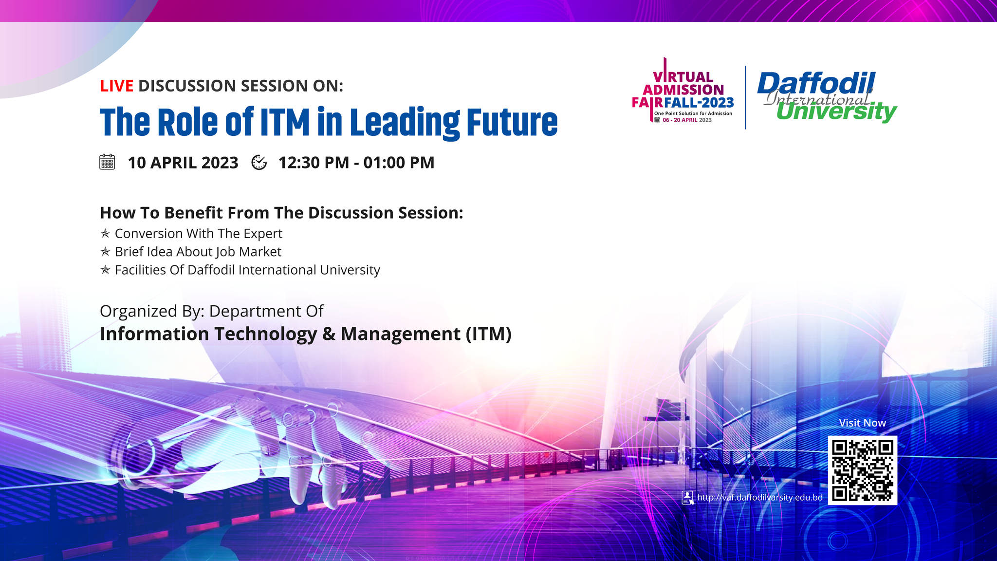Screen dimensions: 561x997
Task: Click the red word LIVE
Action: point(116,86)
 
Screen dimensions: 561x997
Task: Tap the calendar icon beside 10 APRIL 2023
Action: point(107,162)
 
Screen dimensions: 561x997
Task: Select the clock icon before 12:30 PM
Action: point(259,162)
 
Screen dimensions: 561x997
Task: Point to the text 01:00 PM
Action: point(399,162)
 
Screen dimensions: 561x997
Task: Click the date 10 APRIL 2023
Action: point(183,162)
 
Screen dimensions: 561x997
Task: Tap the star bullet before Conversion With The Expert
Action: point(105,233)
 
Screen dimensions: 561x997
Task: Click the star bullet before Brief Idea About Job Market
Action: point(105,252)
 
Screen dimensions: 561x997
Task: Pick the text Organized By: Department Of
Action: point(212,311)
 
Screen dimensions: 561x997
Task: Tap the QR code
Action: point(862,470)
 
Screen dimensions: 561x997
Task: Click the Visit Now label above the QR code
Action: point(862,423)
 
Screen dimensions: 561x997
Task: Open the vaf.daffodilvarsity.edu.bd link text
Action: point(759,497)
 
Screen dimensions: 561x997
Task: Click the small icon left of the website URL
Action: point(687,497)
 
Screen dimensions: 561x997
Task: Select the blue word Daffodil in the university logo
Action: point(816,84)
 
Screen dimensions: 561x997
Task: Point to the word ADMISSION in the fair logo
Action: point(683,90)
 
